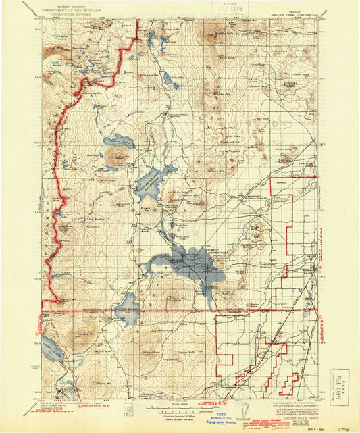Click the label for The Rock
point(280,182)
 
